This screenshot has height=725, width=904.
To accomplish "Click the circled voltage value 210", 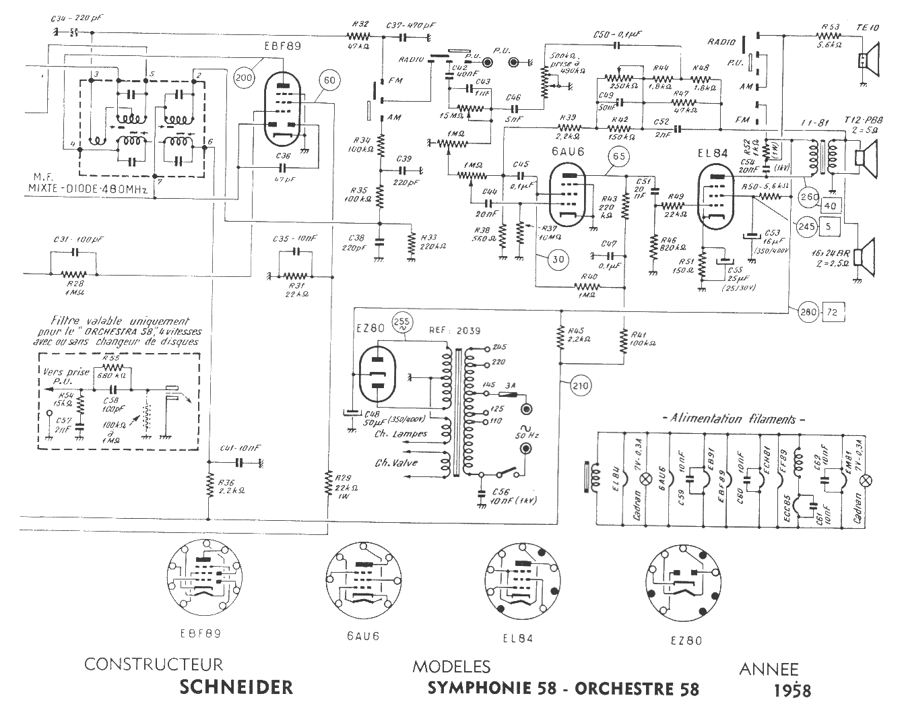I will [x=580, y=385].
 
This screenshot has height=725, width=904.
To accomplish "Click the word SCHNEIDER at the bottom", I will [x=236, y=687].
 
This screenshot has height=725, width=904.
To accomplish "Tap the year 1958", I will [x=792, y=691].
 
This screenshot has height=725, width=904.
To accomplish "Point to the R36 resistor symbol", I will [x=209, y=483].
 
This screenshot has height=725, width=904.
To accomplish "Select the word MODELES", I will [x=451, y=668].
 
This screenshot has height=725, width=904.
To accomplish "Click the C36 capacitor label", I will [x=284, y=157].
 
